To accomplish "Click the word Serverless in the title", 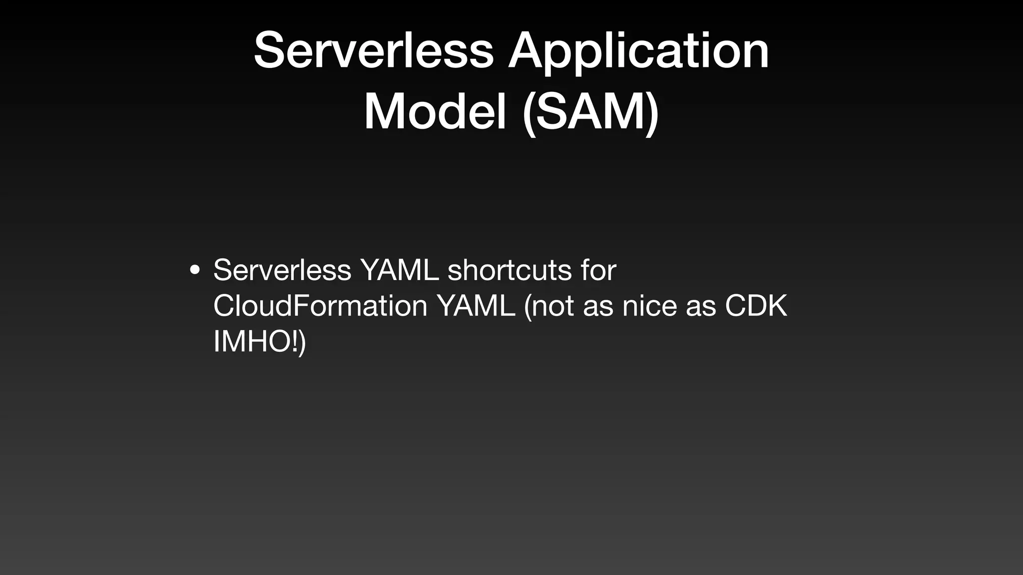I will tap(374, 50).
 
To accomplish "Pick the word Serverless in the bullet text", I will tap(282, 270).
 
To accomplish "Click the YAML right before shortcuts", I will tap(399, 270).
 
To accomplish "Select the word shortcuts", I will tap(509, 270).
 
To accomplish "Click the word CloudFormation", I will tap(320, 305).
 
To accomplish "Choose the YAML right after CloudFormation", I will tap(476, 305).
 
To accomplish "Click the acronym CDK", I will tap(756, 305).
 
